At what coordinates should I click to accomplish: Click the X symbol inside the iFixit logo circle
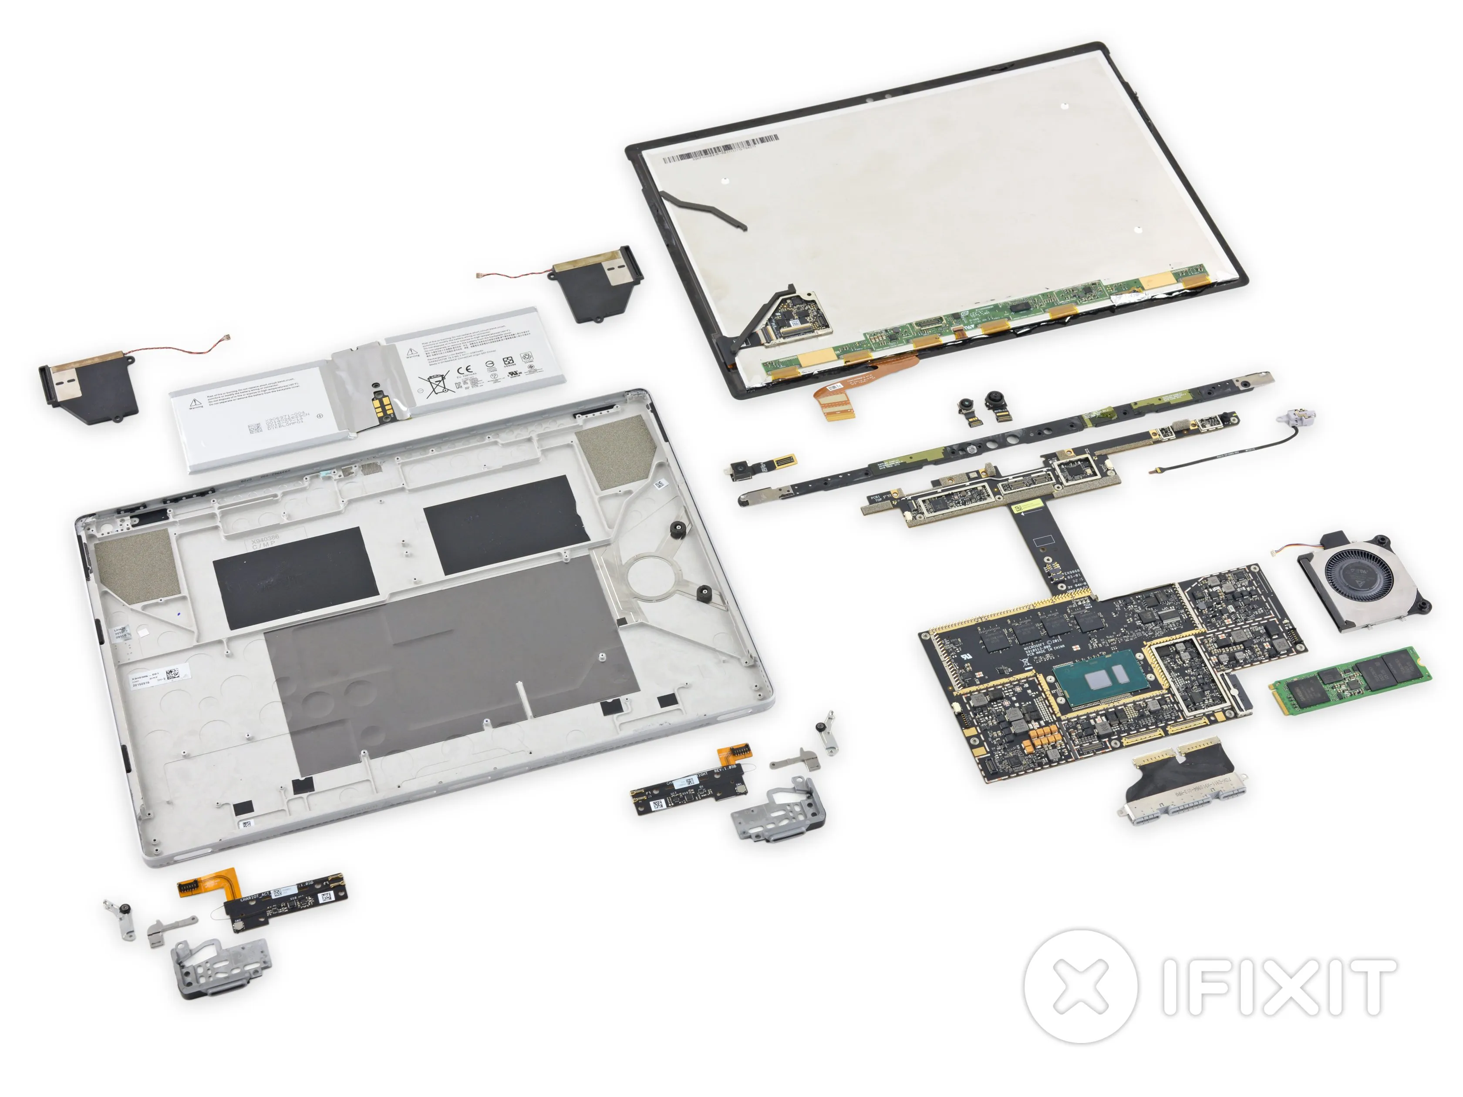(1080, 985)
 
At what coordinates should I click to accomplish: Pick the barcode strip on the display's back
(721, 149)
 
